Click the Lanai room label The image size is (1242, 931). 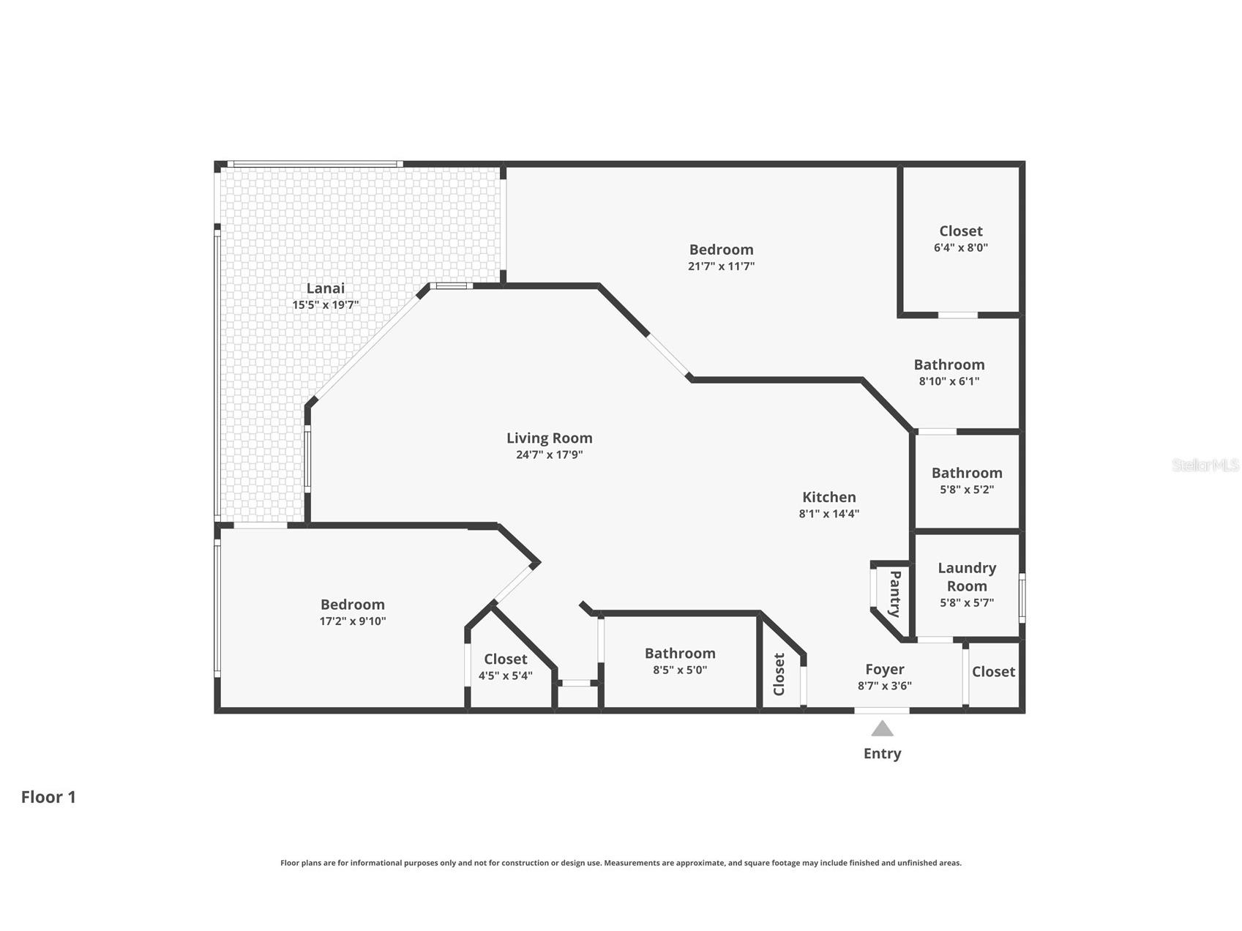[x=325, y=288]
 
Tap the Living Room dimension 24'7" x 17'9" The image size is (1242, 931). [x=549, y=455]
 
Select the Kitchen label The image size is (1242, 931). [x=828, y=497]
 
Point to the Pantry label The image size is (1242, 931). [x=894, y=594]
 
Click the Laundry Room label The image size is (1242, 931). [x=967, y=577]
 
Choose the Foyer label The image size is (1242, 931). [x=884, y=669]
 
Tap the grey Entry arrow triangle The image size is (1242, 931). [x=882, y=728]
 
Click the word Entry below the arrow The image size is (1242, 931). [x=882, y=753]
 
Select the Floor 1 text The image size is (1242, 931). [x=48, y=797]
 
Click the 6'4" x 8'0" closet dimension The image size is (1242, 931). [x=960, y=247]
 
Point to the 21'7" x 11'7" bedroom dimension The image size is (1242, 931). [x=721, y=266]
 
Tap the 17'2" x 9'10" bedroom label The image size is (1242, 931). [x=352, y=605]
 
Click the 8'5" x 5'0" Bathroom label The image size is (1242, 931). [x=680, y=654]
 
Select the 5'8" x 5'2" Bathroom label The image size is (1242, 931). [x=966, y=473]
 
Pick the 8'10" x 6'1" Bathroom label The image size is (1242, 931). [x=949, y=364]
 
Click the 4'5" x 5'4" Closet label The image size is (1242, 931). [x=505, y=659]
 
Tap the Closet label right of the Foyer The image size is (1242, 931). [x=993, y=671]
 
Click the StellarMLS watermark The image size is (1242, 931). [x=1205, y=465]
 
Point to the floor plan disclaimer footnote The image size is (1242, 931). [x=621, y=863]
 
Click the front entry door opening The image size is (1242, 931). [x=882, y=709]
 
